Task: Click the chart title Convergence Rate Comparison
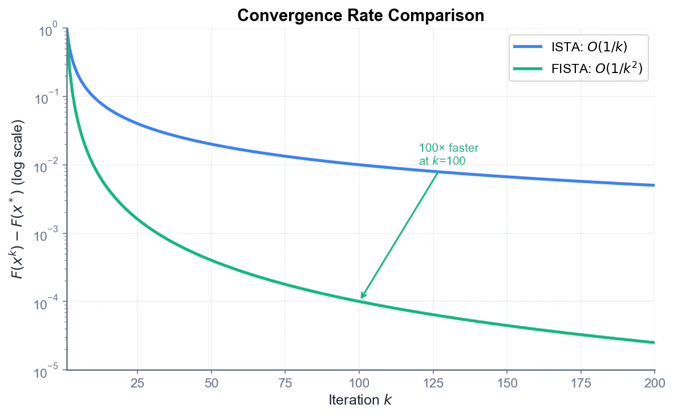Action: point(360,15)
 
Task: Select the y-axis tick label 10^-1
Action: point(47,99)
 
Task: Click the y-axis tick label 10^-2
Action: point(47,167)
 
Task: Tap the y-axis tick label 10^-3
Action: point(47,235)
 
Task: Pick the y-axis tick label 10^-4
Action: point(47,303)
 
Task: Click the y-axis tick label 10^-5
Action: point(47,371)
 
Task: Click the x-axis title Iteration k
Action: point(360,400)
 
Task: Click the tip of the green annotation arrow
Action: point(361,298)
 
